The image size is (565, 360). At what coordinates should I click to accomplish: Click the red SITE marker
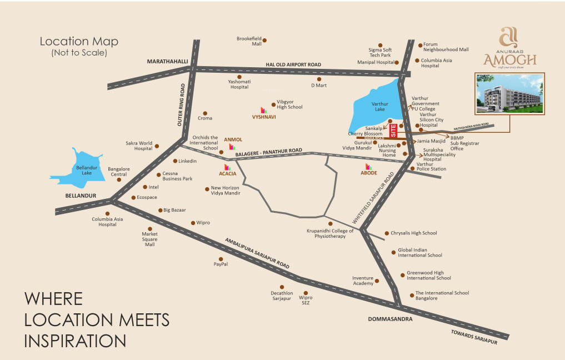tap(394, 131)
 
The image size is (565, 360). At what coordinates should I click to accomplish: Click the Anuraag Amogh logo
tap(509, 49)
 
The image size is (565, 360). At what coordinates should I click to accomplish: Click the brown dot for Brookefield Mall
tap(264, 40)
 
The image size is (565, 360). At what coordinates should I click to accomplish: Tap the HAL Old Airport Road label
tap(293, 65)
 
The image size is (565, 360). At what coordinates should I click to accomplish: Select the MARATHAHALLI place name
tap(167, 61)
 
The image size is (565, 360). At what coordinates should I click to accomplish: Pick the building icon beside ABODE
tap(368, 166)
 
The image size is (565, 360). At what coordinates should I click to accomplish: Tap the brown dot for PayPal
tap(221, 259)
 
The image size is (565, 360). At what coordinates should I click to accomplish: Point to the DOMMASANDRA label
tap(390, 319)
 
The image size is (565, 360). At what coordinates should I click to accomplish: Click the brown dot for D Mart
tap(319, 79)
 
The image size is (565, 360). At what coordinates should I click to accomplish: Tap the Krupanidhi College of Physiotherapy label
tap(330, 233)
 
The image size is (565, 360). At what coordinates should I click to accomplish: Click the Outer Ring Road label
tap(181, 105)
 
